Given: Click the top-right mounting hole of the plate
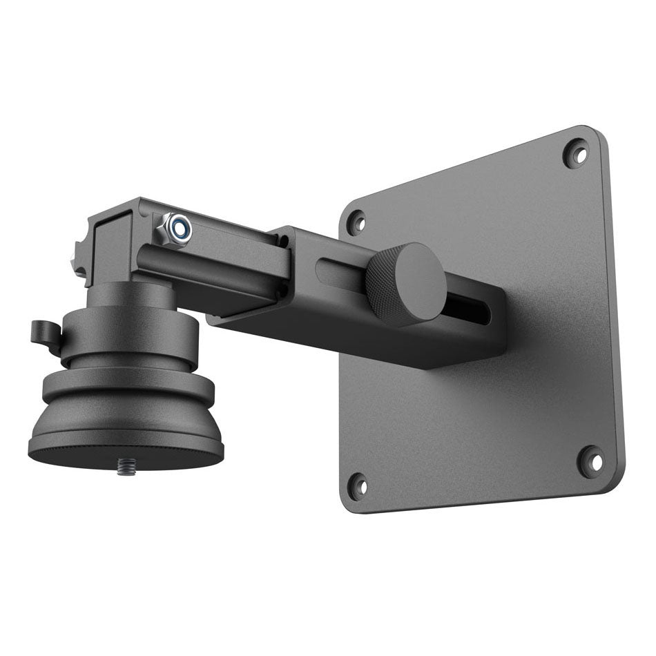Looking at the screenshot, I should [575, 153].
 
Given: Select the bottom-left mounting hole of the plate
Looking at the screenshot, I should [357, 486].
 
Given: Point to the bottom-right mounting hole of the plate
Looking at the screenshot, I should [590, 461].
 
